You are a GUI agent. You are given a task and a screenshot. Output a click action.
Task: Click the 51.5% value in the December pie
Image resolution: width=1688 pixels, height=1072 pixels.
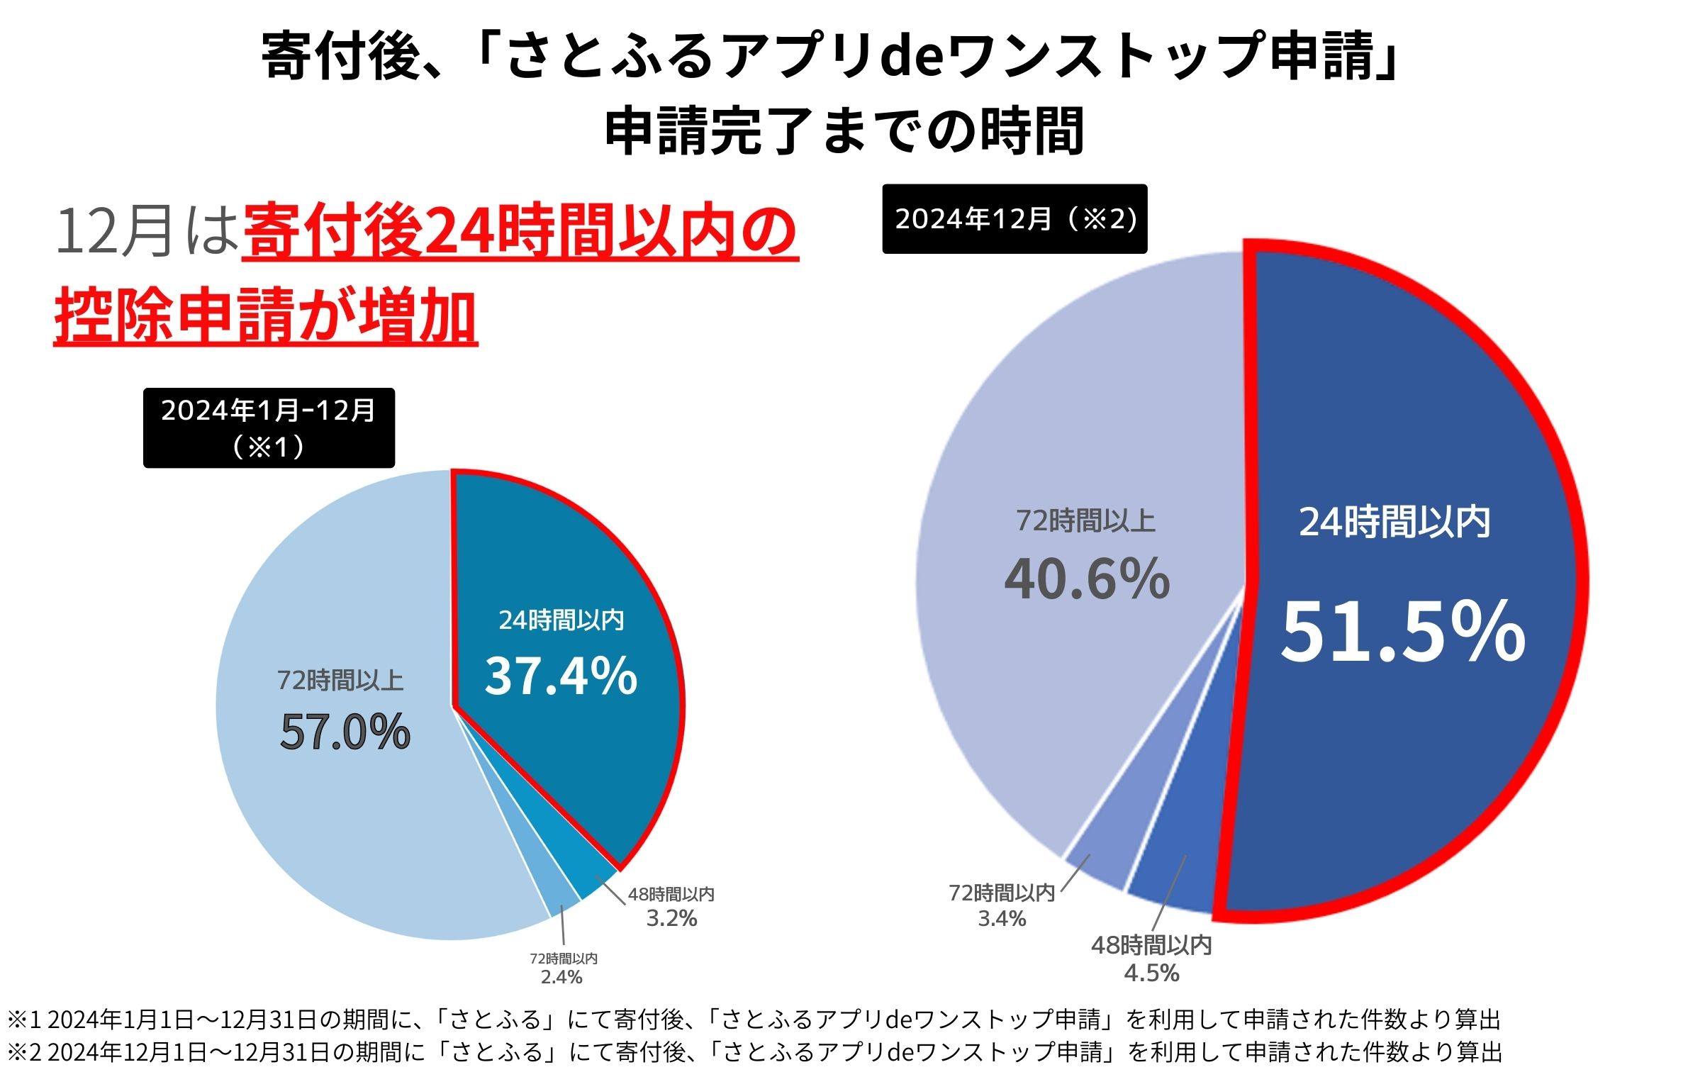coord(1402,631)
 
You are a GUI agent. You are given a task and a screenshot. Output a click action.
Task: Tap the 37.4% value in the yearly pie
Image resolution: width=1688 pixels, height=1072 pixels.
coord(561,676)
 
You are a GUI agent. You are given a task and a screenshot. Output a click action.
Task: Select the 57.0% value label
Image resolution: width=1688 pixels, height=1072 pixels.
coord(345,732)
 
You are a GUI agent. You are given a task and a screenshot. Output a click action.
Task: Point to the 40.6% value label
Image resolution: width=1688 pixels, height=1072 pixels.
coord(1087,579)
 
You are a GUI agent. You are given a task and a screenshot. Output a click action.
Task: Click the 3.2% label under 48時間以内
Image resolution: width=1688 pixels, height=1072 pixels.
coord(671,919)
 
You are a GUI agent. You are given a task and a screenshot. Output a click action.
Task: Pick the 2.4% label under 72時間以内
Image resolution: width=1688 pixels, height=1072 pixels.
coord(561,977)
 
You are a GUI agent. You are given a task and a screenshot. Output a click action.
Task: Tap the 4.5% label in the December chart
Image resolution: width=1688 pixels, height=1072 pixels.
coord(1151,973)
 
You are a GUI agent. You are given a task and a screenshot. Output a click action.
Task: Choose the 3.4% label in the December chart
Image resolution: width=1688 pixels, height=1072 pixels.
coord(1002,919)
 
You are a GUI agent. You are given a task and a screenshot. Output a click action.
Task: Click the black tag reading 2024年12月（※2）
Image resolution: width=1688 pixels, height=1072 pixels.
coord(1015,219)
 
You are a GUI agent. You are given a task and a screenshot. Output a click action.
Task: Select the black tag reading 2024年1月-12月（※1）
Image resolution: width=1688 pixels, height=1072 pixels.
coord(269,428)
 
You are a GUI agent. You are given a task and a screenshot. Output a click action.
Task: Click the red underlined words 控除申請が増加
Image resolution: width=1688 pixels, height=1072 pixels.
coord(266,316)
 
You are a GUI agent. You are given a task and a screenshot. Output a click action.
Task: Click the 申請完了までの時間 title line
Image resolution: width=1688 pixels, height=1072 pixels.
coord(844,131)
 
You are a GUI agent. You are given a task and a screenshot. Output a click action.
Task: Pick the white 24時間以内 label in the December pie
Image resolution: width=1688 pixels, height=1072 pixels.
coord(1394,522)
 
